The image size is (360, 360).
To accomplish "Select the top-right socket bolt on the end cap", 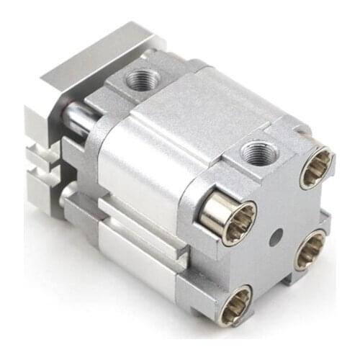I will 315,167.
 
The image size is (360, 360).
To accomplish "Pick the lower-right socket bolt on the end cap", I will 310,249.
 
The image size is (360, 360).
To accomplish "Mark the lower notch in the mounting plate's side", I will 45,171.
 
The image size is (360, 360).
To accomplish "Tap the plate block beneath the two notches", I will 47,198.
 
